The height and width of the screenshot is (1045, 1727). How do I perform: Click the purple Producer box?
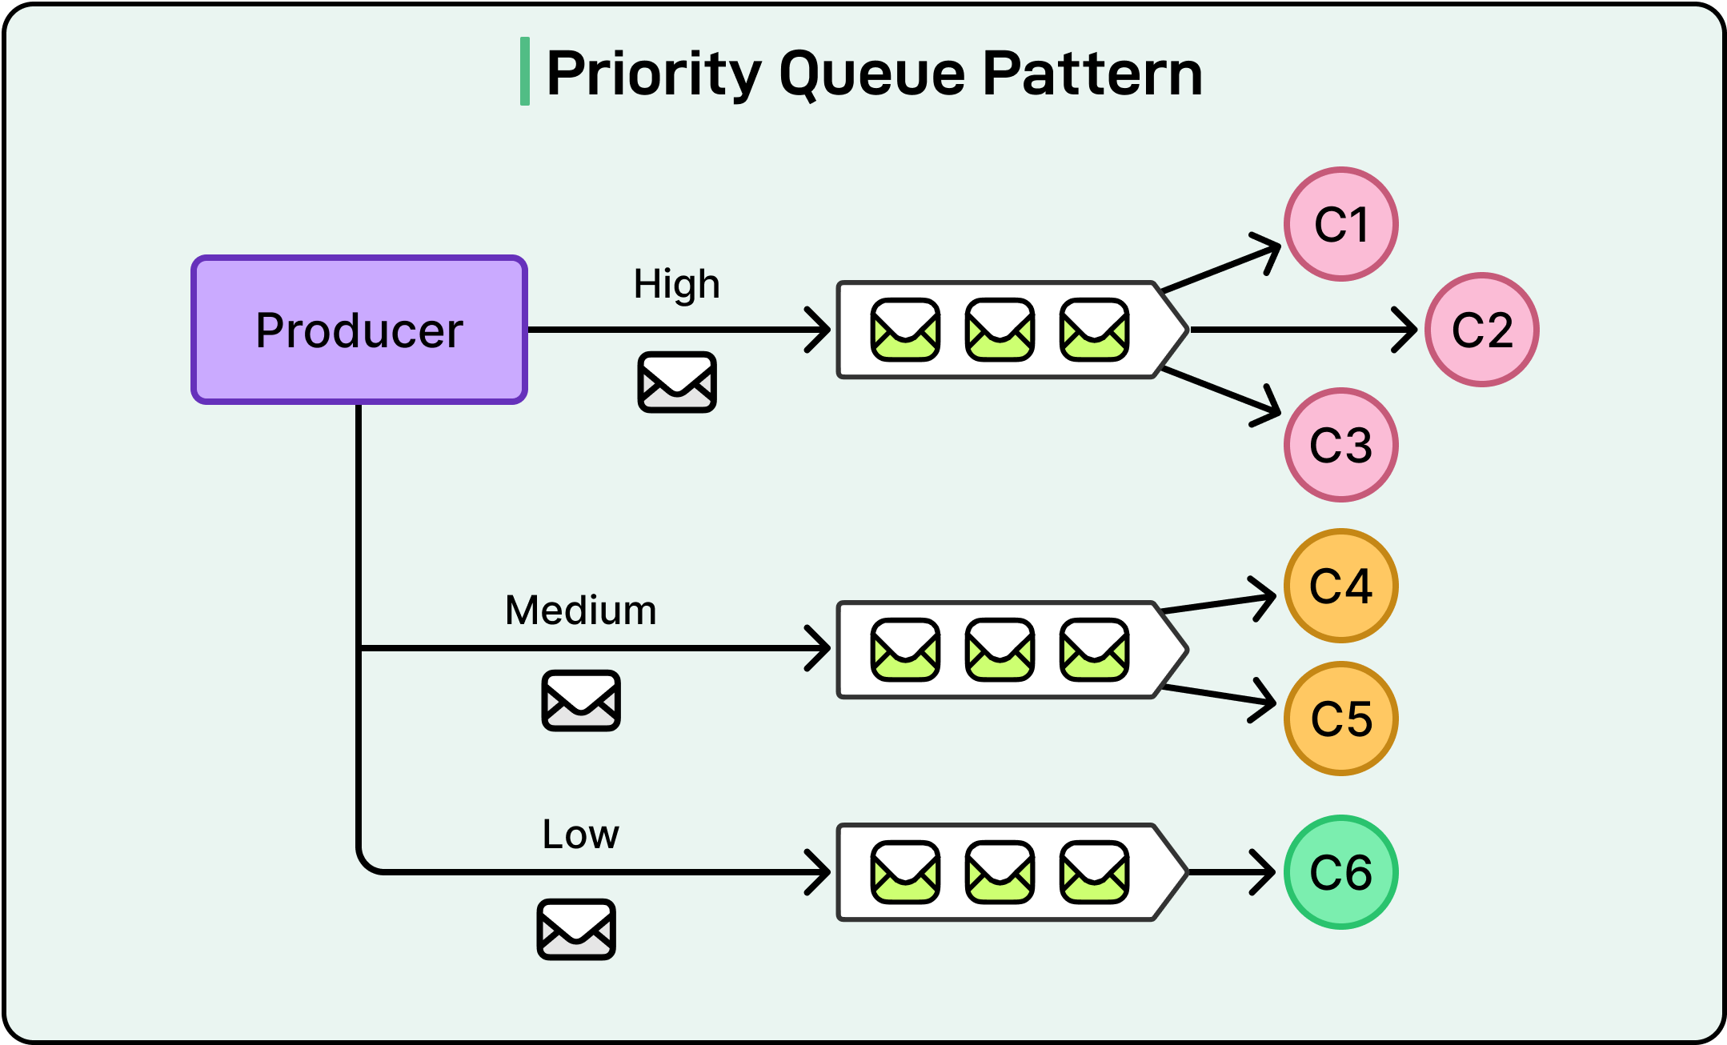tap(359, 330)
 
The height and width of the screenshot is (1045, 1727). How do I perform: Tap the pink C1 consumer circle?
tap(1340, 224)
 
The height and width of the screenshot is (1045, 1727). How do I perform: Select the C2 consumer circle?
tap(1481, 330)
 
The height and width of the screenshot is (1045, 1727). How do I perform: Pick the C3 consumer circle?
tap(1340, 445)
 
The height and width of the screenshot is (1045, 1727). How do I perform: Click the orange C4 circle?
tap(1340, 586)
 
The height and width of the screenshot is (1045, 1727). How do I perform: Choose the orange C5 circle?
tap(1340, 719)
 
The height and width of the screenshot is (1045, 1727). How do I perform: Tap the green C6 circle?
tap(1340, 872)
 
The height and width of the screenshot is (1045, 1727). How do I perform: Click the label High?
tap(676, 284)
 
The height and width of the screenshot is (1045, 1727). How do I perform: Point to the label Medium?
tap(580, 611)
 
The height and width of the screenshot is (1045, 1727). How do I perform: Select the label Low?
tap(580, 835)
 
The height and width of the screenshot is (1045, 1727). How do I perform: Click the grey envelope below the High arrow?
tap(676, 382)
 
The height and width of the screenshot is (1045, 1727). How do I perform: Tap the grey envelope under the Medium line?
tap(580, 701)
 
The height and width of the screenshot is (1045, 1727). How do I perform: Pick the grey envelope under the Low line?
tap(575, 929)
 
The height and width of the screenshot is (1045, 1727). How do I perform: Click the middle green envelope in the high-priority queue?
tap(1000, 330)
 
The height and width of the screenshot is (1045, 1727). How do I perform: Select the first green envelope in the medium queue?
tap(905, 650)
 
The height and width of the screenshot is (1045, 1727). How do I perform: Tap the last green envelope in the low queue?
tap(1094, 872)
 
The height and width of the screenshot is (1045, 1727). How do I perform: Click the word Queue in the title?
tap(872, 74)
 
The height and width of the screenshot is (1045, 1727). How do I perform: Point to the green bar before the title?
tap(525, 71)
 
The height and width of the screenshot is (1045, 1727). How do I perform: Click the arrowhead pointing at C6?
tap(1264, 872)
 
